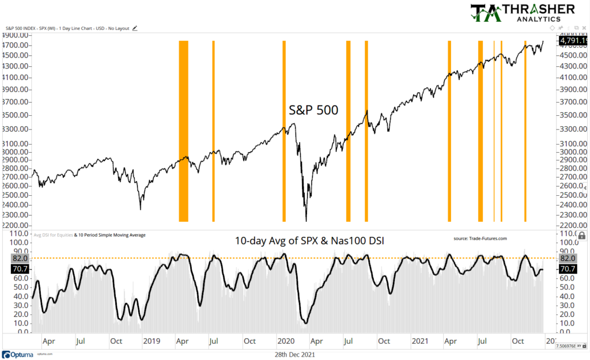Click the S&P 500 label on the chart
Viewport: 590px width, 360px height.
pos(314,109)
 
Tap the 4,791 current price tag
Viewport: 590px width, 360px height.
pos(573,41)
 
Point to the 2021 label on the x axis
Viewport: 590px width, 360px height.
pos(420,342)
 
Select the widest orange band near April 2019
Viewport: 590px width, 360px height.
pos(183,131)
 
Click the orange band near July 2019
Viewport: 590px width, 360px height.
pos(213,131)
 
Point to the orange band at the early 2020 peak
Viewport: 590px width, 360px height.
pos(283,131)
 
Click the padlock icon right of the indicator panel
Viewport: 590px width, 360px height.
pos(581,235)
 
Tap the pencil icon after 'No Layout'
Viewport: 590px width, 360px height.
pos(135,27)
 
